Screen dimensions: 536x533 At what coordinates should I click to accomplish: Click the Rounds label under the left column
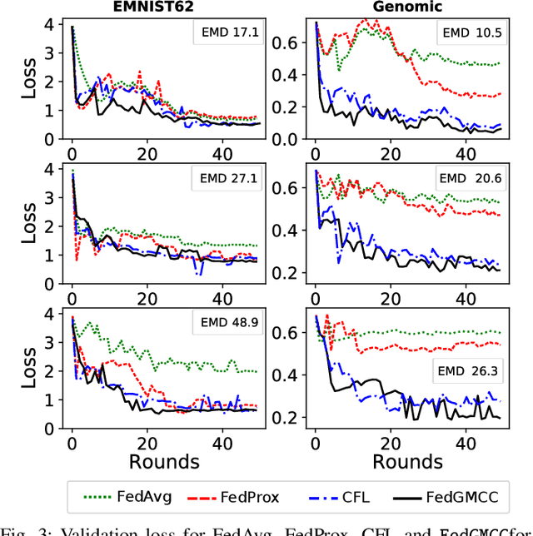pos(163,460)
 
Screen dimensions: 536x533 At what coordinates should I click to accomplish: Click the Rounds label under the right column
pos(407,460)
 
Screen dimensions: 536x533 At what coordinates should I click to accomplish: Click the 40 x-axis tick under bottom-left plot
pos(222,441)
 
